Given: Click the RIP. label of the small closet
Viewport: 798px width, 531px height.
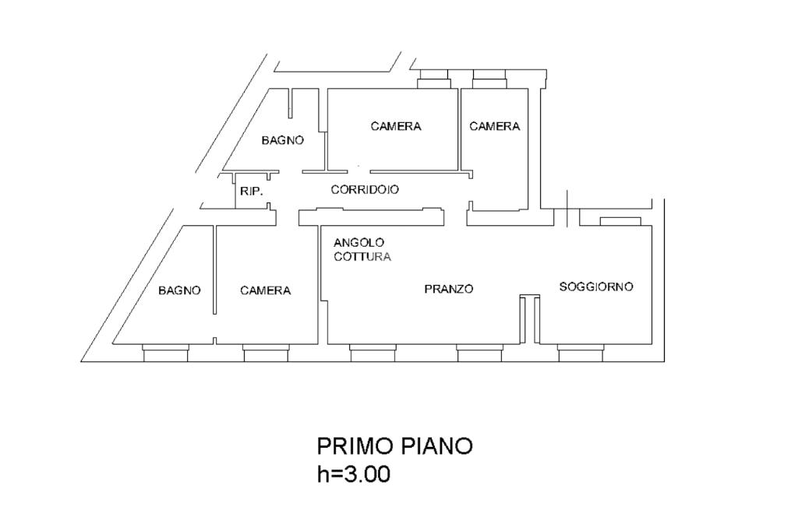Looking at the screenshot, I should point(251,191).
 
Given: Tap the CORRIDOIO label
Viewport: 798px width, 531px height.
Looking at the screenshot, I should point(365,189).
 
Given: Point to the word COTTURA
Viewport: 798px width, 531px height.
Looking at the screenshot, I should point(362,256).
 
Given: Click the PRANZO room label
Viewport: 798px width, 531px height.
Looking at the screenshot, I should point(448,289).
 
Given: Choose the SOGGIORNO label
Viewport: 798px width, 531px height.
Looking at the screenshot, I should point(596,287).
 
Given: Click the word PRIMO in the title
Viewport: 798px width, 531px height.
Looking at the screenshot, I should point(355,446).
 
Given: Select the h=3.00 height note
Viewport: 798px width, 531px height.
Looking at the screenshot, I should point(354,473).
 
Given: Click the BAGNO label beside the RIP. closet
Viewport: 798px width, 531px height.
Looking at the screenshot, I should point(282,140).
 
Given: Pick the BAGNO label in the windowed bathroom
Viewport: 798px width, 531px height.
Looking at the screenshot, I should point(179,290).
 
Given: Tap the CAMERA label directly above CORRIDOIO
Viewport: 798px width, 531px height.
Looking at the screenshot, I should point(396,126).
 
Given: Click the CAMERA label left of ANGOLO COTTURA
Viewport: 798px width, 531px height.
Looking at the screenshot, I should point(265,290).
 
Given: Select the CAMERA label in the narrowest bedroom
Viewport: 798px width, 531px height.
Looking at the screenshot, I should point(494,126).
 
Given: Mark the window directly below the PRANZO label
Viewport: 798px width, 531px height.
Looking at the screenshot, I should point(479,355).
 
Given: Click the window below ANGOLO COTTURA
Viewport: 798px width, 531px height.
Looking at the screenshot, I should point(373,355).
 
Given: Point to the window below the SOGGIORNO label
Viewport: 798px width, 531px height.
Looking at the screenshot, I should point(581,355).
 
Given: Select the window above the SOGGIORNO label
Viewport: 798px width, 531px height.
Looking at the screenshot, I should point(620,221).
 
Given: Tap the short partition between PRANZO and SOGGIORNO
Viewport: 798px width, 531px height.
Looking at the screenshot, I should point(530,319).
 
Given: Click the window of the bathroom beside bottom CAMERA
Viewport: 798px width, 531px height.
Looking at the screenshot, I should point(165,355).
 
